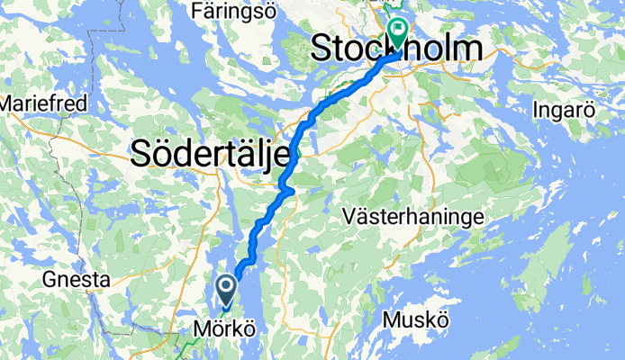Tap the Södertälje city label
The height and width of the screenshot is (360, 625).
click(213, 154)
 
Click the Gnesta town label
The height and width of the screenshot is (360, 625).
click(76, 280)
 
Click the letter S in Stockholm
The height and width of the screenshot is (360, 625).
click(322, 50)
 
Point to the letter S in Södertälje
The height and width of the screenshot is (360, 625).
click(142, 154)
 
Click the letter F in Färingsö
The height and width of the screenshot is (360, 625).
click(197, 12)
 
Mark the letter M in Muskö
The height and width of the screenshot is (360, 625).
click(392, 320)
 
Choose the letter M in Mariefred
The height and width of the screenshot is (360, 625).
click(7, 103)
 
